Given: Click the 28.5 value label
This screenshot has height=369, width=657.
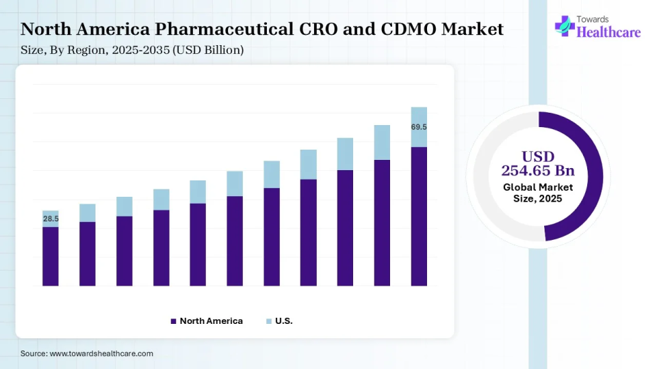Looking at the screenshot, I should (51, 219).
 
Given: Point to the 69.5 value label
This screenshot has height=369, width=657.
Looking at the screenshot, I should (419, 127).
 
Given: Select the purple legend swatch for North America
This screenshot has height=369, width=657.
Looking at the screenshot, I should (174, 321).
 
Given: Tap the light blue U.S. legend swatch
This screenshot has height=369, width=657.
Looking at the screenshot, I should (268, 321).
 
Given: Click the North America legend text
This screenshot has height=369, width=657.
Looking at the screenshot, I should (211, 321).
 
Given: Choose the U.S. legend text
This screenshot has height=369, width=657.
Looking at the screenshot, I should (284, 321).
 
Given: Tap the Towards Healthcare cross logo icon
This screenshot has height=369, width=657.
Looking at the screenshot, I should (565, 26).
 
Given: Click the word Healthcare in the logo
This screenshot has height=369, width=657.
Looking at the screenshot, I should (609, 31).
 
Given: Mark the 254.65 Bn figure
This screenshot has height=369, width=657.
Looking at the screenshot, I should (538, 170).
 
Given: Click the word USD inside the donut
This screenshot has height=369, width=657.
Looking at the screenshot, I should (538, 156).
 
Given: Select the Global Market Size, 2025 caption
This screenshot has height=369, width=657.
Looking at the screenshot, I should (538, 193).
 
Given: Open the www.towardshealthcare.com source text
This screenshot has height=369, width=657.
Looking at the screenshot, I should (101, 354).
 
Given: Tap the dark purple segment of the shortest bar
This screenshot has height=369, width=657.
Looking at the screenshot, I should (51, 256).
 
